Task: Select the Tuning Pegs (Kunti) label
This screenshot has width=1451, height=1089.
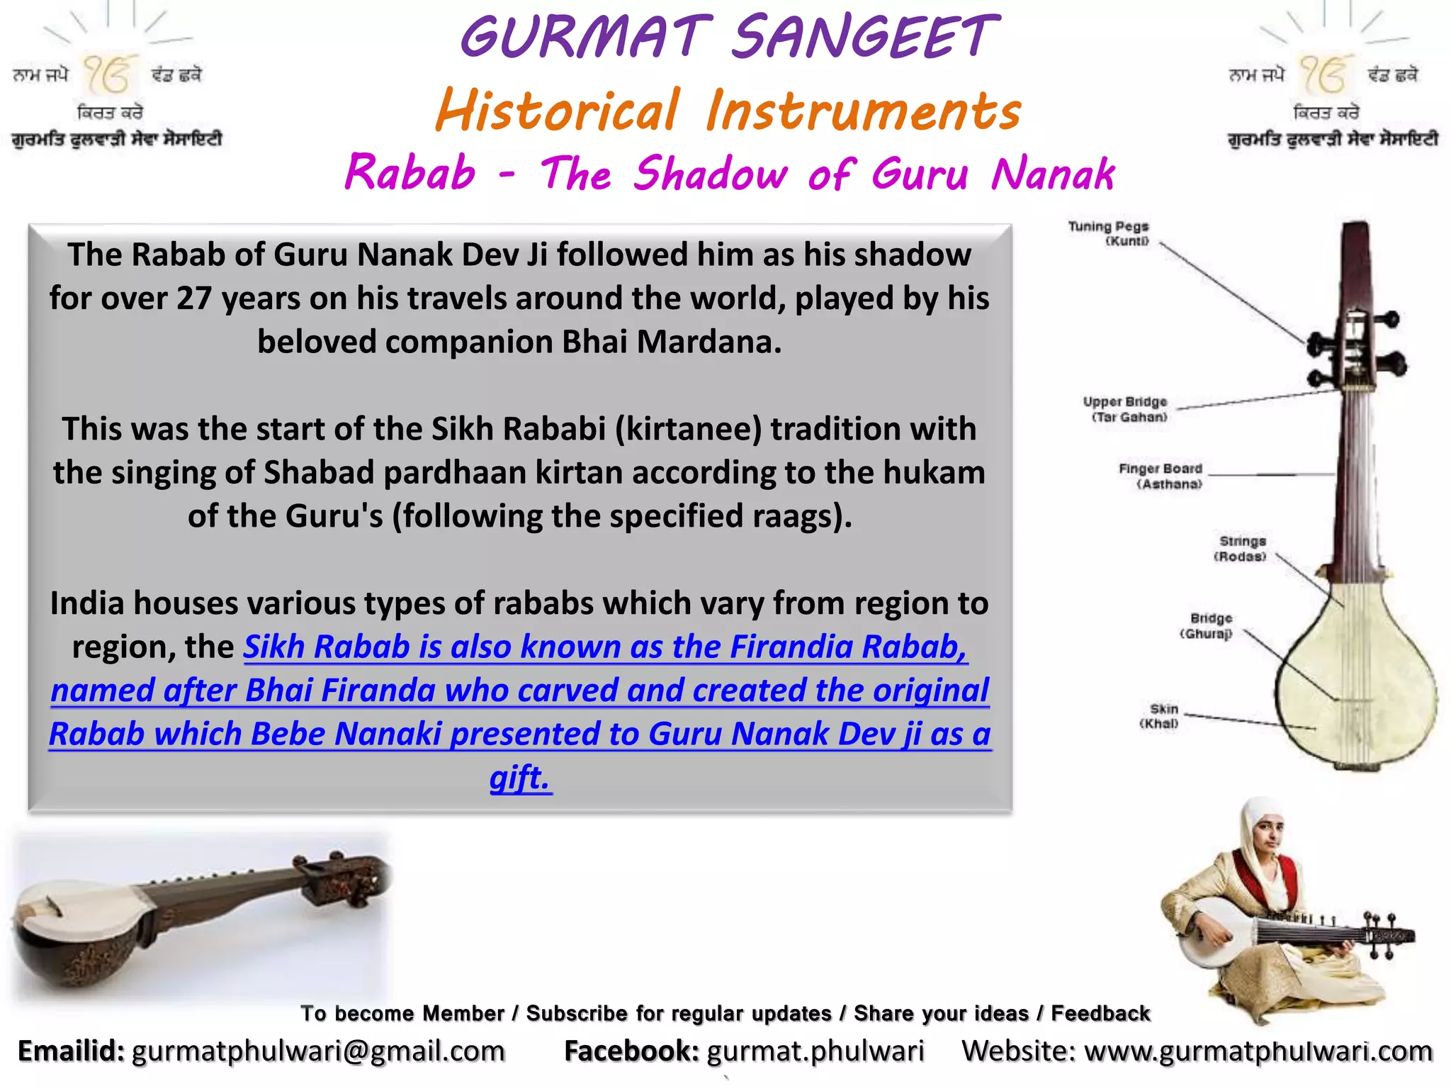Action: tap(1108, 233)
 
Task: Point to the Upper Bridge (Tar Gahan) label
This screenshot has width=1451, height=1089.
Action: tap(1125, 409)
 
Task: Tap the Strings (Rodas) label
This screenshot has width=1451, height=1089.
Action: tap(1241, 549)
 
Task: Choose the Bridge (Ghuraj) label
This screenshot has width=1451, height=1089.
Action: tap(1207, 625)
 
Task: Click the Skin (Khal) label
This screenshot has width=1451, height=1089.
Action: tap(1161, 716)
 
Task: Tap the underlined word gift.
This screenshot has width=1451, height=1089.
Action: tap(519, 778)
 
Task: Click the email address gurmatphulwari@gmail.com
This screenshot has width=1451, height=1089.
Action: tap(318, 1051)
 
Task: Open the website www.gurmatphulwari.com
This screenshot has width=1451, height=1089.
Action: tap(1258, 1051)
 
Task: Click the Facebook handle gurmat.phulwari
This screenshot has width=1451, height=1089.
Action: tap(815, 1051)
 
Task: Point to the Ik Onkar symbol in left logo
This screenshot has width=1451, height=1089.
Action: tap(108, 75)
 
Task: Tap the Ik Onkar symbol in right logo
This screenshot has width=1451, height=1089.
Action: tap(1323, 75)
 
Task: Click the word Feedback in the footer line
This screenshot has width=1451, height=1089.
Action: tap(1100, 1013)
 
